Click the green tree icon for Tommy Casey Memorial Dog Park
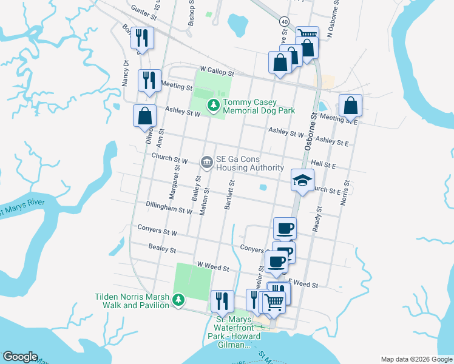tap(213, 106)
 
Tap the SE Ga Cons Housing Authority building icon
tap(206, 162)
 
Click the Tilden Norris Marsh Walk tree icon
tap(178, 300)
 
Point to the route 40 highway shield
tap(283, 21)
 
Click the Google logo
tap(20, 357)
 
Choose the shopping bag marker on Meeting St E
tap(351, 106)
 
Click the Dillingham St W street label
tap(169, 208)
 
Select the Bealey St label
tap(162, 249)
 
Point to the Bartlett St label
tap(229, 195)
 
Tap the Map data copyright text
tap(416, 359)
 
